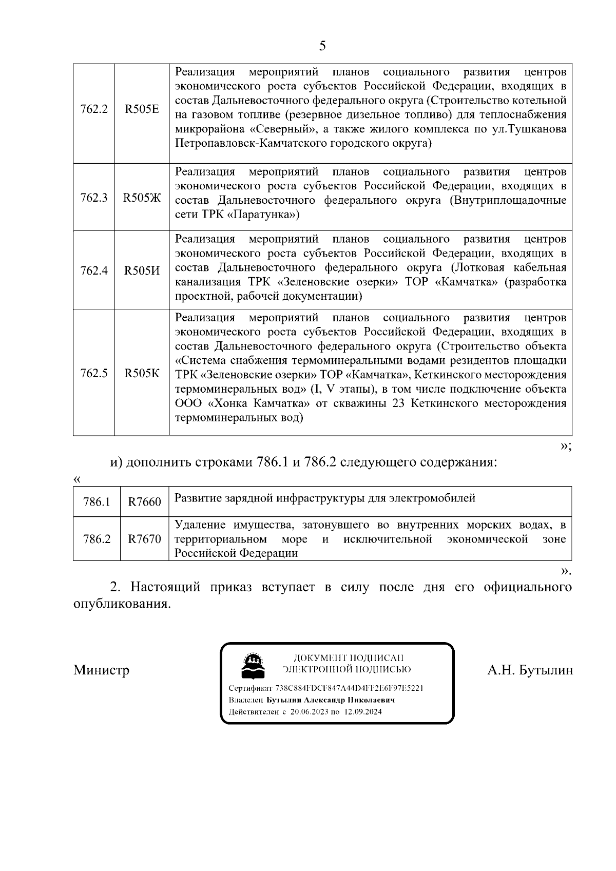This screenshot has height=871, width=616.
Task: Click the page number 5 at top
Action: (322, 46)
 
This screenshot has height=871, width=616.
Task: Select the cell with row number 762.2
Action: (94, 109)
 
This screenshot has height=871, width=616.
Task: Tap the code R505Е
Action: (142, 109)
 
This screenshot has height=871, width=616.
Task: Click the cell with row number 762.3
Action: (94, 198)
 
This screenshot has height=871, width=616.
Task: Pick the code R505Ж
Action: (142, 198)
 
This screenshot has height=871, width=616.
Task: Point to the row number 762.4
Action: (94, 270)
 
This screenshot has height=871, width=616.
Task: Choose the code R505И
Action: (142, 270)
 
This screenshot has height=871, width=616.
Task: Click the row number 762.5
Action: (94, 373)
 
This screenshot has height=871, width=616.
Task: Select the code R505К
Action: (142, 373)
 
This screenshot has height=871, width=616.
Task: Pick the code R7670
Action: (144, 539)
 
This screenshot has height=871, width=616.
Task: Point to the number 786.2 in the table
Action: (97, 539)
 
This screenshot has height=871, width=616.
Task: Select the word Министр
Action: (101, 670)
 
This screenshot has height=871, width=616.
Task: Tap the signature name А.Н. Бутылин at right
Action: (530, 670)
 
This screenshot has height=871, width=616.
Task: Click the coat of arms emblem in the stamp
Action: (252, 666)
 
